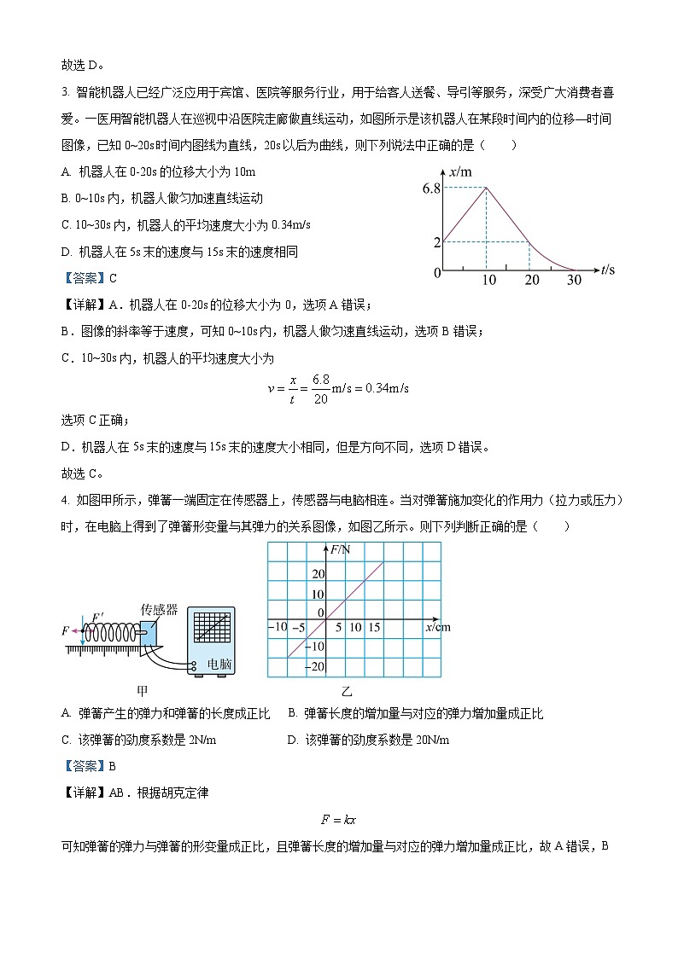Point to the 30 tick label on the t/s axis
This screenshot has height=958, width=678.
(x=574, y=280)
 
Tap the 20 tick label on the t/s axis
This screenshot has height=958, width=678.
(x=531, y=280)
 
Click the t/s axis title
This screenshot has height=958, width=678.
(x=608, y=270)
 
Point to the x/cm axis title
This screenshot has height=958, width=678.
(x=437, y=628)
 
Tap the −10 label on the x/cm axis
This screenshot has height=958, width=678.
(x=278, y=628)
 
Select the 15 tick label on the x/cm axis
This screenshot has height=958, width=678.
(x=373, y=628)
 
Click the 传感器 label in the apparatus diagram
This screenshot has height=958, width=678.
(x=159, y=610)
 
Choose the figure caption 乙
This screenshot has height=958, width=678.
(x=347, y=690)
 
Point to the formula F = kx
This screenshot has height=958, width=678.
(x=338, y=820)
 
